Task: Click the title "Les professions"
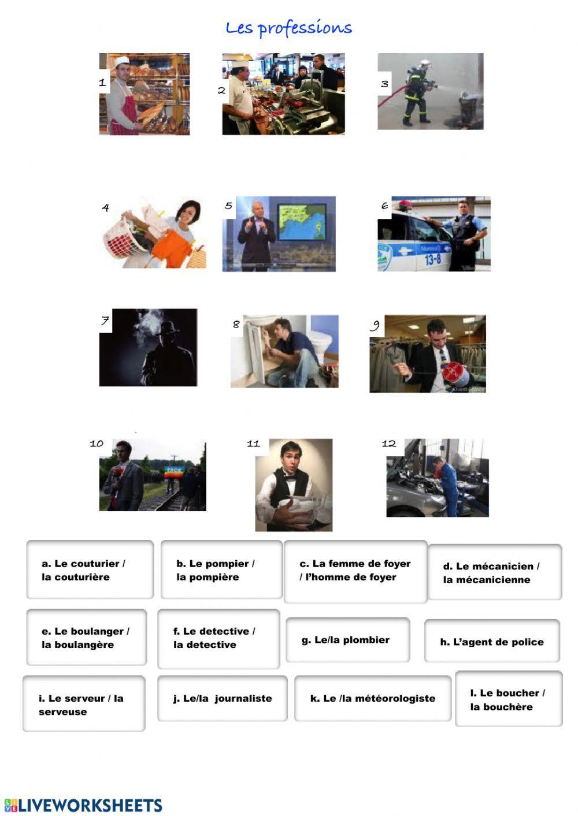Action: (288, 28)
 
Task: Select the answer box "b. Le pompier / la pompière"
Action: (221, 570)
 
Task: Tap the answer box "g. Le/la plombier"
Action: (348, 640)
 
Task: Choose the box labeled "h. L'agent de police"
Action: (492, 642)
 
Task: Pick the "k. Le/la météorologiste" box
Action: (372, 698)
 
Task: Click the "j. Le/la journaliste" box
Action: (222, 698)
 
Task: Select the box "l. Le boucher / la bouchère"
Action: (508, 699)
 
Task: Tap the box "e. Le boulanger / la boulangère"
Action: (86, 638)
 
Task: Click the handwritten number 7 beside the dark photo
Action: (105, 321)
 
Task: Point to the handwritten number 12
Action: (388, 444)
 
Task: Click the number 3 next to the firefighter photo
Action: (384, 84)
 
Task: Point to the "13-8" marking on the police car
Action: (433, 259)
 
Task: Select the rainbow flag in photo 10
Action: (173, 472)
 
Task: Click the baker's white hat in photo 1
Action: (121, 61)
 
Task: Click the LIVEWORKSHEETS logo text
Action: (84, 806)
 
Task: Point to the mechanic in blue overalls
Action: (448, 485)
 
